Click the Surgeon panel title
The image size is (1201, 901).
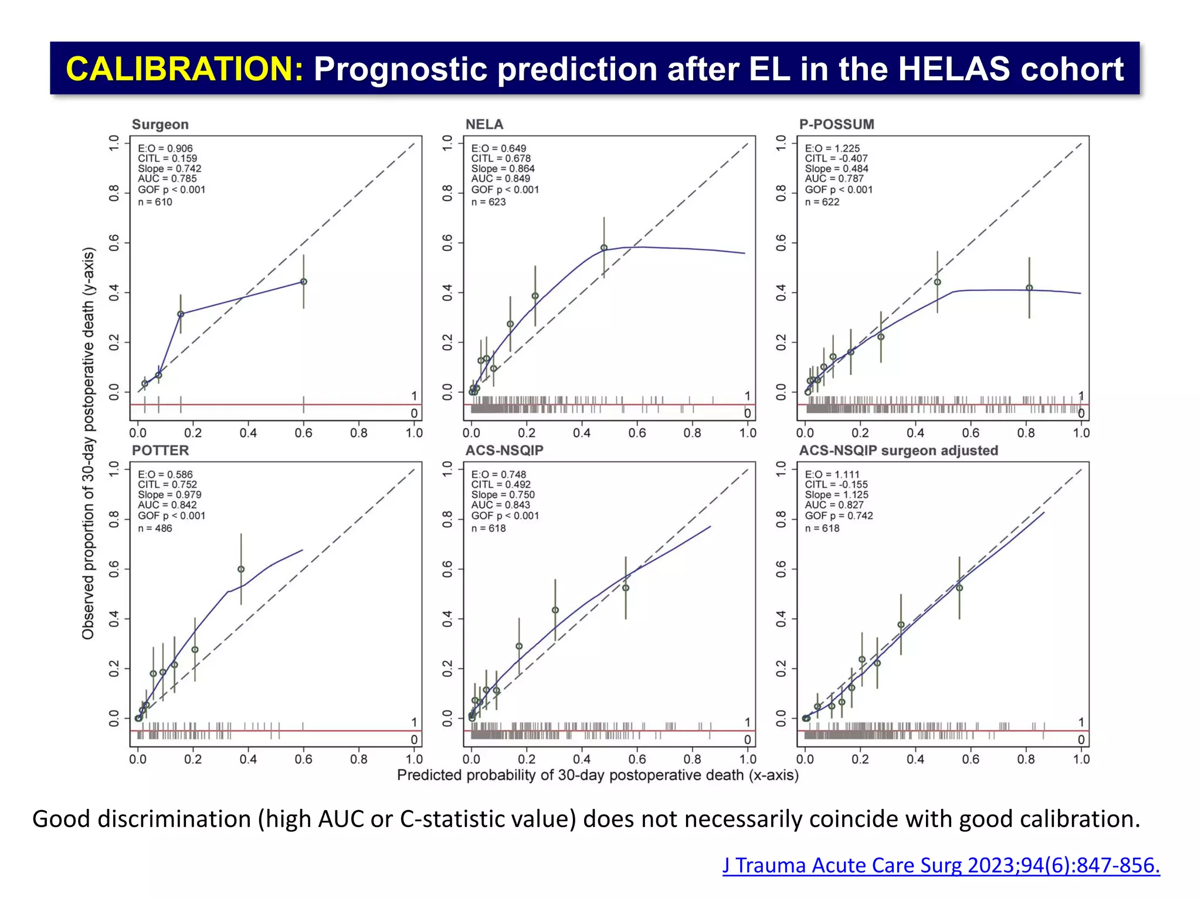(160, 124)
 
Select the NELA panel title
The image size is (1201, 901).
(484, 124)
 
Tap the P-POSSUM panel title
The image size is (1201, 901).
(836, 124)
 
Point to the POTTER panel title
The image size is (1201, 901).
(160, 450)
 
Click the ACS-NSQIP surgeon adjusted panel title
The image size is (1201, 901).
(898, 450)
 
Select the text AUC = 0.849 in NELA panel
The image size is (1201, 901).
(500, 178)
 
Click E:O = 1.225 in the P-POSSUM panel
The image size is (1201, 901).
(832, 148)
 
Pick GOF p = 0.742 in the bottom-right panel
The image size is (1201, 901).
(839, 516)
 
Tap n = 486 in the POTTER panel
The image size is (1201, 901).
(155, 528)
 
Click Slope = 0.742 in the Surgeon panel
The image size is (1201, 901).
(169, 168)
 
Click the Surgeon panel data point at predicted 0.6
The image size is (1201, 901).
(303, 282)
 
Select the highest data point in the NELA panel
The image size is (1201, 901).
(603, 248)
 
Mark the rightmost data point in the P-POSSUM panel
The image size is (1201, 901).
(1029, 287)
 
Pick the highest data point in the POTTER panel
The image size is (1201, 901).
(241, 569)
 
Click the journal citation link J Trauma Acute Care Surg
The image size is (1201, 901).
(941, 865)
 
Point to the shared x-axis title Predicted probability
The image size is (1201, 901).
(598, 775)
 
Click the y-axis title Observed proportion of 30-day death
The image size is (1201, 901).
(88, 443)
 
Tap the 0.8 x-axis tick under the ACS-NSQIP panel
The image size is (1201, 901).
(692, 759)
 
